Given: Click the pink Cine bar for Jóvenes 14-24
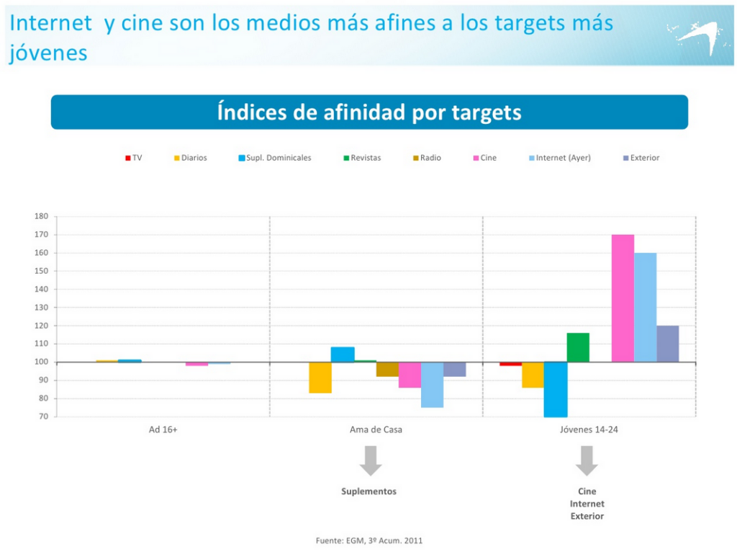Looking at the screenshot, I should (x=623, y=298).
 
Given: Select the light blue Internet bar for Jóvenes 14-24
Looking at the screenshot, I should (x=645, y=307).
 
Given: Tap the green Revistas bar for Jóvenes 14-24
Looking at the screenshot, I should (x=578, y=347).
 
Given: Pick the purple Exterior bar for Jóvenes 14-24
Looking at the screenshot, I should (x=667, y=344).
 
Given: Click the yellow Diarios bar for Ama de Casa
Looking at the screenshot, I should (x=320, y=378).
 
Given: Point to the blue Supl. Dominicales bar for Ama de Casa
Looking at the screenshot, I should (x=343, y=355).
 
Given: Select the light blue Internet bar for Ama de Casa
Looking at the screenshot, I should (x=432, y=385).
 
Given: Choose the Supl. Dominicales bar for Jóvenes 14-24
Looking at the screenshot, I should (x=555, y=389).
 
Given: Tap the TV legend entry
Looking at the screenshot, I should (x=134, y=158).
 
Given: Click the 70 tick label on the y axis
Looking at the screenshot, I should (x=43, y=417).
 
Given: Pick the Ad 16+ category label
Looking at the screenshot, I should (x=163, y=429).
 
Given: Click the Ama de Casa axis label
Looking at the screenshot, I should (x=371, y=429).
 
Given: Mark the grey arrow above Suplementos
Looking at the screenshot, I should (x=371, y=460).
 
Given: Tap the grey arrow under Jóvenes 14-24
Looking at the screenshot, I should (x=587, y=460).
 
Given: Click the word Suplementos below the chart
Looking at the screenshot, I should (x=368, y=491).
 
